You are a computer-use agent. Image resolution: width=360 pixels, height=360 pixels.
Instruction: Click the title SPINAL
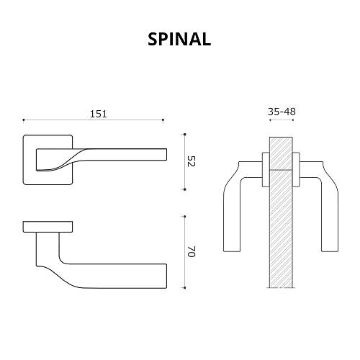click(x=179, y=40)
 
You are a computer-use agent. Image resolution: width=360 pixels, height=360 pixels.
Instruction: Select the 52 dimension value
click(x=191, y=161)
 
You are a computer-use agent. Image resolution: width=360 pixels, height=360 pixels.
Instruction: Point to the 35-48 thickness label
click(x=282, y=112)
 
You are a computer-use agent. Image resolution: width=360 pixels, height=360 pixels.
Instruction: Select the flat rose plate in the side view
click(x=48, y=228)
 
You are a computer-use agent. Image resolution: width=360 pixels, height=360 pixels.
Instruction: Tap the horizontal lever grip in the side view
click(x=122, y=275)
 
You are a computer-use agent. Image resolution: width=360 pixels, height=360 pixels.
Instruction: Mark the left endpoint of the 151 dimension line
click(x=24, y=120)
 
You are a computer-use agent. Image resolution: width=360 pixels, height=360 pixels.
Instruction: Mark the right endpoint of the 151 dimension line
click(x=163, y=120)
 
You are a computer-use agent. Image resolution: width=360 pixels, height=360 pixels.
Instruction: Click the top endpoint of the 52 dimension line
click(x=185, y=134)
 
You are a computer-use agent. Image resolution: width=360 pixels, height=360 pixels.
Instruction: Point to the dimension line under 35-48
click(x=282, y=120)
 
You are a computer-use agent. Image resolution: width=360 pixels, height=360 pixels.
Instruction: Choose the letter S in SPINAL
click(x=153, y=40)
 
